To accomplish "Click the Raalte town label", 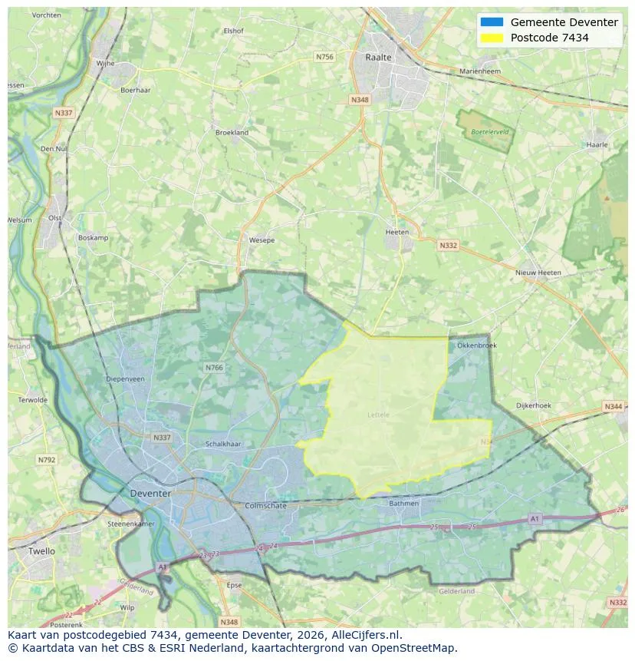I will pyautogui.click(x=378, y=57).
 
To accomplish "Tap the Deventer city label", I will pyautogui.click(x=150, y=493).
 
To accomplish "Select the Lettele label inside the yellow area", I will pyautogui.click(x=379, y=415).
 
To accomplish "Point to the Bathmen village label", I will pyautogui.click(x=403, y=504).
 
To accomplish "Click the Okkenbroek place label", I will pyautogui.click(x=476, y=345).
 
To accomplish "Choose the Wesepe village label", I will pyautogui.click(x=262, y=240).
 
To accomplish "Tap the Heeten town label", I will pyautogui.click(x=397, y=232).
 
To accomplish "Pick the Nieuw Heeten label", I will pyautogui.click(x=538, y=273).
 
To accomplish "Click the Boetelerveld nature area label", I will pyautogui.click(x=489, y=132).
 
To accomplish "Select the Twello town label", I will pyautogui.click(x=41, y=551).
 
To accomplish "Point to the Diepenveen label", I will pyautogui.click(x=125, y=378).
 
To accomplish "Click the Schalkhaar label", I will pyautogui.click(x=223, y=444).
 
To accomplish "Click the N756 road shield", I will pyautogui.click(x=324, y=57).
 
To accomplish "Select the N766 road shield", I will pyautogui.click(x=214, y=368).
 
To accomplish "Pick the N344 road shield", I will pyautogui.click(x=613, y=406).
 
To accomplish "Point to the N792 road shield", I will pyautogui.click(x=46, y=460).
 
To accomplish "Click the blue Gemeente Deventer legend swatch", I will pyautogui.click(x=492, y=22).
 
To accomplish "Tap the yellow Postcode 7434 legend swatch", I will pyautogui.click(x=492, y=38).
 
